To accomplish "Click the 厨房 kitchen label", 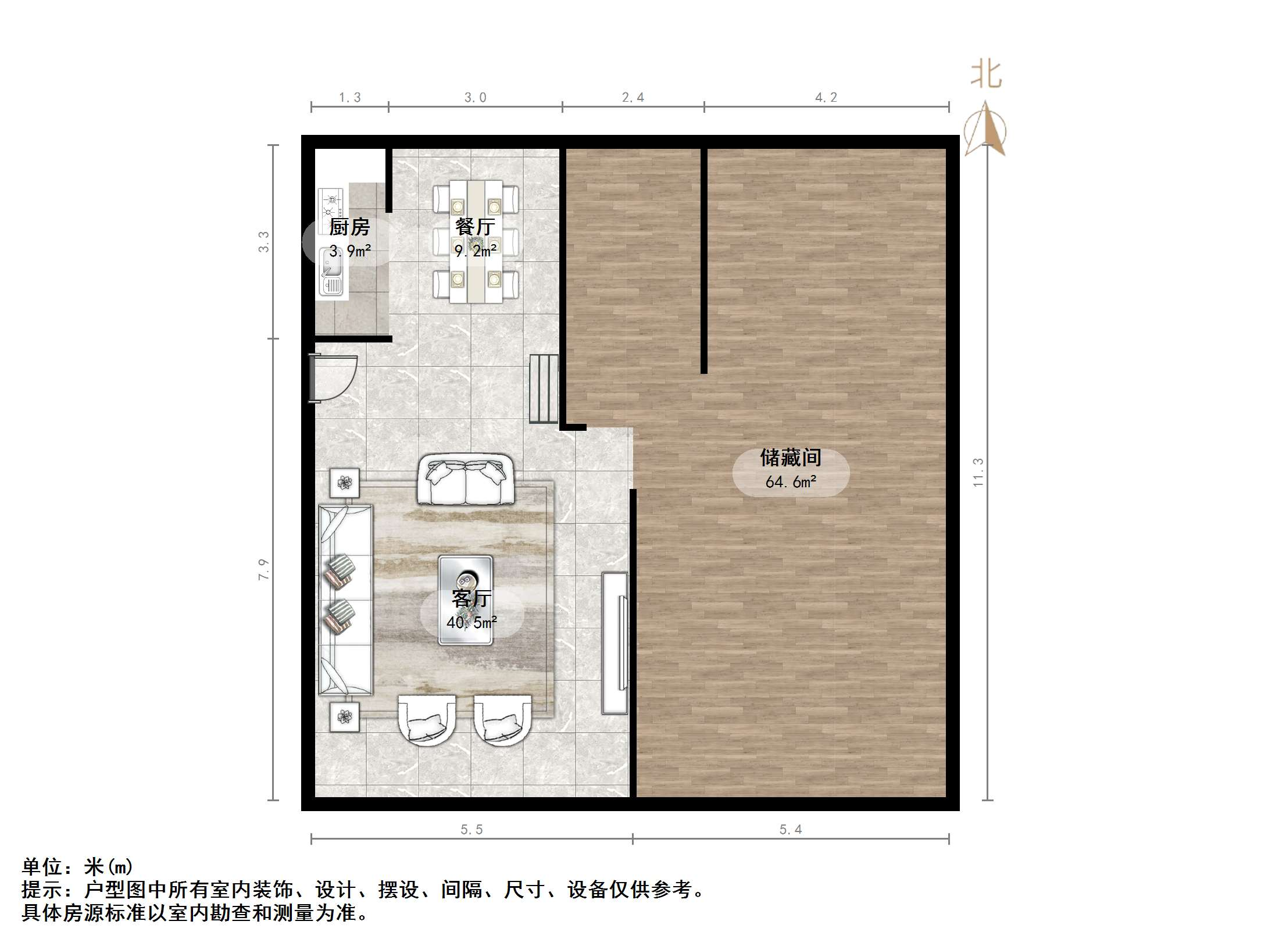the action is coord(349,227).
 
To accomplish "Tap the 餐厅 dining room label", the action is coord(475,227).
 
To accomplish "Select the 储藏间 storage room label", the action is coord(791,458).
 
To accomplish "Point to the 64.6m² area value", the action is coord(791,482).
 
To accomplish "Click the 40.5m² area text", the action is coord(471,623).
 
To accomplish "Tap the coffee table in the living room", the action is coord(465,600).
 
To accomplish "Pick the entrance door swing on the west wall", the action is coord(333,378).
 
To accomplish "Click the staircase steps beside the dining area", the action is coord(544,389).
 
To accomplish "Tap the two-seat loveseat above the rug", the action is coord(466,480).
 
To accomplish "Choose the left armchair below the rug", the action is coord(427,720).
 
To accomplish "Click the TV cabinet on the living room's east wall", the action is coord(615,643).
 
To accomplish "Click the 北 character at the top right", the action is coord(986,74).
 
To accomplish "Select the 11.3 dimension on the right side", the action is coord(978,472).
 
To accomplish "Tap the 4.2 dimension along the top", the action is coord(826,98).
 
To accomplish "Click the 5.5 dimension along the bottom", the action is coord(471,830).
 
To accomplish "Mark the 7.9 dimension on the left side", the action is coord(264,569).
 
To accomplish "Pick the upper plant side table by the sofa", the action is coord(345,483).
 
